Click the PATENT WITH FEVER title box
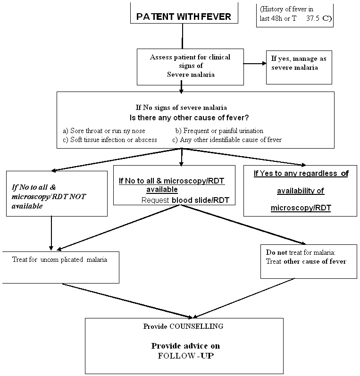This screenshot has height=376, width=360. click(x=184, y=13)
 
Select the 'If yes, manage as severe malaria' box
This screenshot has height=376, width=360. click(x=299, y=67)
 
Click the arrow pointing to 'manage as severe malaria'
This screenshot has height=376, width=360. click(x=255, y=64)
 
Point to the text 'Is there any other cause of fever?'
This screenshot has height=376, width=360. click(x=189, y=118)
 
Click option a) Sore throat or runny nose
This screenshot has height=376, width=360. click(x=104, y=131)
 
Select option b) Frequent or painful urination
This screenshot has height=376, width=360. click(x=219, y=131)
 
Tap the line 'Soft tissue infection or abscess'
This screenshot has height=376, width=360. click(x=113, y=140)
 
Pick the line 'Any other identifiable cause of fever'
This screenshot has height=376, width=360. click(x=231, y=140)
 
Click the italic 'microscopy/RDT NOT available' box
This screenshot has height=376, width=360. click(x=57, y=193)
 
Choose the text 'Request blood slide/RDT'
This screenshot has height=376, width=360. click(x=185, y=200)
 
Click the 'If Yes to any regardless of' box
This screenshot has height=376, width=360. click(x=300, y=191)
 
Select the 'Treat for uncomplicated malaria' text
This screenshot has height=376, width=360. click(x=59, y=259)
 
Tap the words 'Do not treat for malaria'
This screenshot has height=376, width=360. click(x=301, y=252)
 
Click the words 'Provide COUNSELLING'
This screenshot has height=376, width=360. click(x=183, y=326)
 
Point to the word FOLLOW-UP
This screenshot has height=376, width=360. click(x=185, y=356)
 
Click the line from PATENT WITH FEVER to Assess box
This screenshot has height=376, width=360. click(x=183, y=36)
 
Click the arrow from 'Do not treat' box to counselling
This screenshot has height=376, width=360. click(x=243, y=298)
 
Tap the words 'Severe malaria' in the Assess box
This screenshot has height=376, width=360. click(x=191, y=75)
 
